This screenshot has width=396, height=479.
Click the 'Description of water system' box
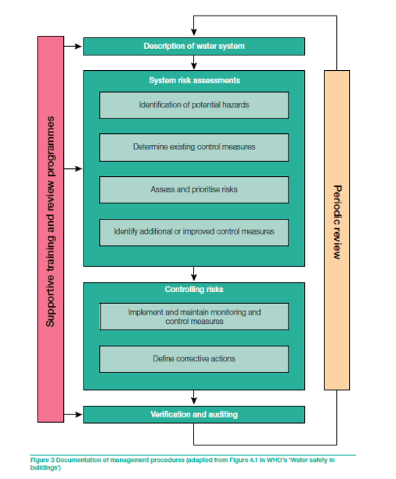[x=194, y=47]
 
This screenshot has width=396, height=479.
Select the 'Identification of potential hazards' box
[x=194, y=105]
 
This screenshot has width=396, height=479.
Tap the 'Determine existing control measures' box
[x=194, y=147]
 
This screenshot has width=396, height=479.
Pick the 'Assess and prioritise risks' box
[x=194, y=190]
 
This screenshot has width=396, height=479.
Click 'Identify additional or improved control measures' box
[x=194, y=232]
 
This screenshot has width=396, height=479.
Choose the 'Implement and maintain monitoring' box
[x=194, y=316]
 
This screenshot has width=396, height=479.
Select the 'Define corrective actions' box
[x=194, y=359]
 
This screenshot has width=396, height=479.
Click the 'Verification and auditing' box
[x=194, y=414]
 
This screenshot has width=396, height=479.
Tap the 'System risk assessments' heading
[x=194, y=80]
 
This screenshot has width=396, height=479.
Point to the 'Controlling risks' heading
[x=194, y=289]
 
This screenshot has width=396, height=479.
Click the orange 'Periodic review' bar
[x=337, y=231]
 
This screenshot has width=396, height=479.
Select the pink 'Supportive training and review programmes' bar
[x=51, y=229]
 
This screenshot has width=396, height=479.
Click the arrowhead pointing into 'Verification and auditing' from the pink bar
[x=80, y=414]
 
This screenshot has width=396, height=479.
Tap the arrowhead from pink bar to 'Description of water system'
[x=79, y=47]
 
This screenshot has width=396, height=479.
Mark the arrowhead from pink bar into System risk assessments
[x=80, y=169]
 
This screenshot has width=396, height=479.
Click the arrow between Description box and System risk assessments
[x=193, y=62]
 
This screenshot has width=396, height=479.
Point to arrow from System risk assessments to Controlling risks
[x=193, y=274]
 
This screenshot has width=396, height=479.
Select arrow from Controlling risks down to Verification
[x=193, y=397]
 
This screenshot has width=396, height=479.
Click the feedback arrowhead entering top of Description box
[x=193, y=33]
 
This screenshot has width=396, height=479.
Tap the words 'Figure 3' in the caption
[x=42, y=460]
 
